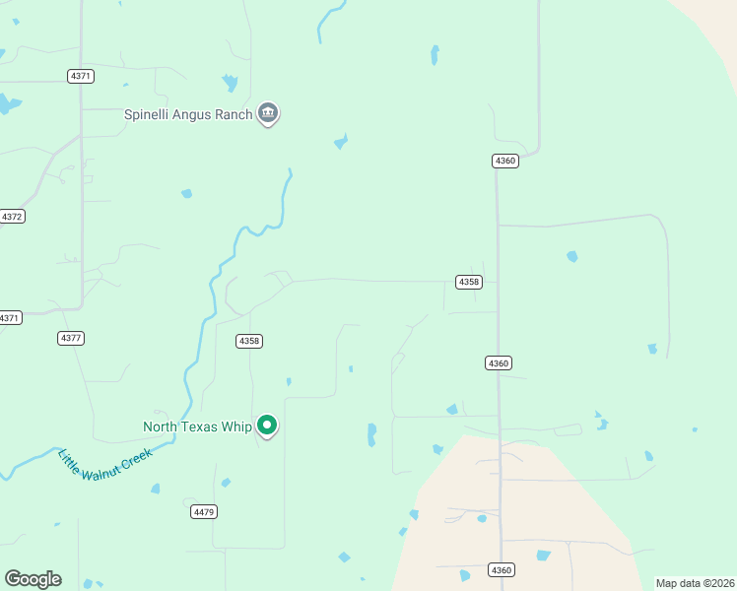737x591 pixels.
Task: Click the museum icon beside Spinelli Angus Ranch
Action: coord(267,114)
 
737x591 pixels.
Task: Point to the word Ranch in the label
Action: coord(234,114)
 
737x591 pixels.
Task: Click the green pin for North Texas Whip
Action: coord(266,426)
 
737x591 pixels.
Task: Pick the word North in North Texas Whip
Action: coord(163,427)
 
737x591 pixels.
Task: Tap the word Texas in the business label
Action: coord(203,427)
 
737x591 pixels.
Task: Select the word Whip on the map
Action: coord(237,427)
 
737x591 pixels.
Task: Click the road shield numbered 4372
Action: coord(12,216)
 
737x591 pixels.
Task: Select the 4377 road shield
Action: coord(71,338)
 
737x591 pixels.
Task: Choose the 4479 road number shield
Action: coord(204,511)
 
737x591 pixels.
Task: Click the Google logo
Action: coord(33,579)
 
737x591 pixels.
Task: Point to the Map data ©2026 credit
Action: coord(695,583)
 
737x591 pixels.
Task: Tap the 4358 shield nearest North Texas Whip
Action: coord(249,341)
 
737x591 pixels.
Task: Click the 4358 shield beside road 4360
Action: coord(469,282)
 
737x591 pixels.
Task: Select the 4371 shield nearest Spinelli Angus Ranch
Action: coord(81,76)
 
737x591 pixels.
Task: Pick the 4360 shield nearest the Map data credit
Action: coord(502,570)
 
